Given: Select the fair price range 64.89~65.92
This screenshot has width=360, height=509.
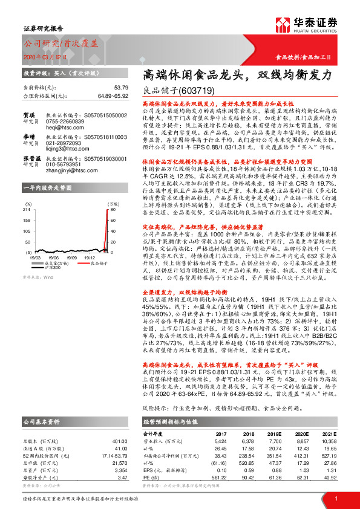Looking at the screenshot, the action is (x=93, y=96).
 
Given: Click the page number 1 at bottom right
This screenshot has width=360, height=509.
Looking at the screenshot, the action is (x=335, y=498).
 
